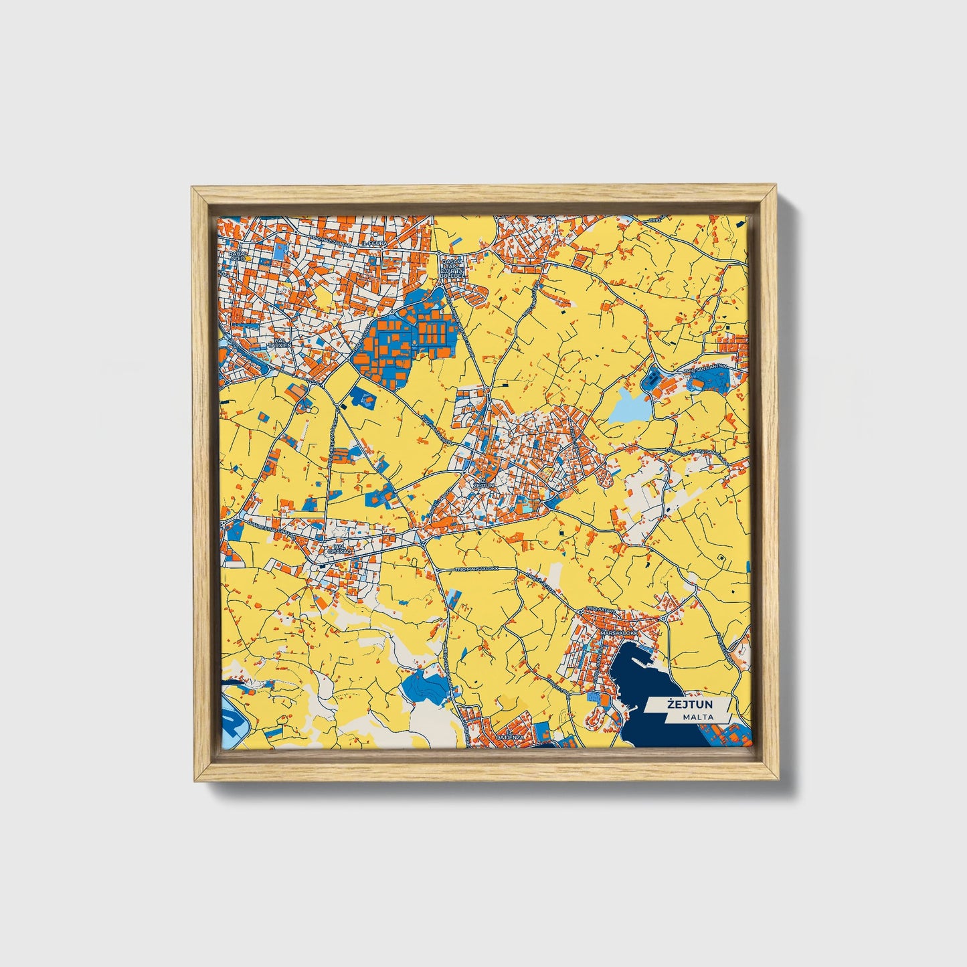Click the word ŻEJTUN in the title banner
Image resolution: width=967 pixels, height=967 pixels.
[689, 705]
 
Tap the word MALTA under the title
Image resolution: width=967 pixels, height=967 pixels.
[698, 717]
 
